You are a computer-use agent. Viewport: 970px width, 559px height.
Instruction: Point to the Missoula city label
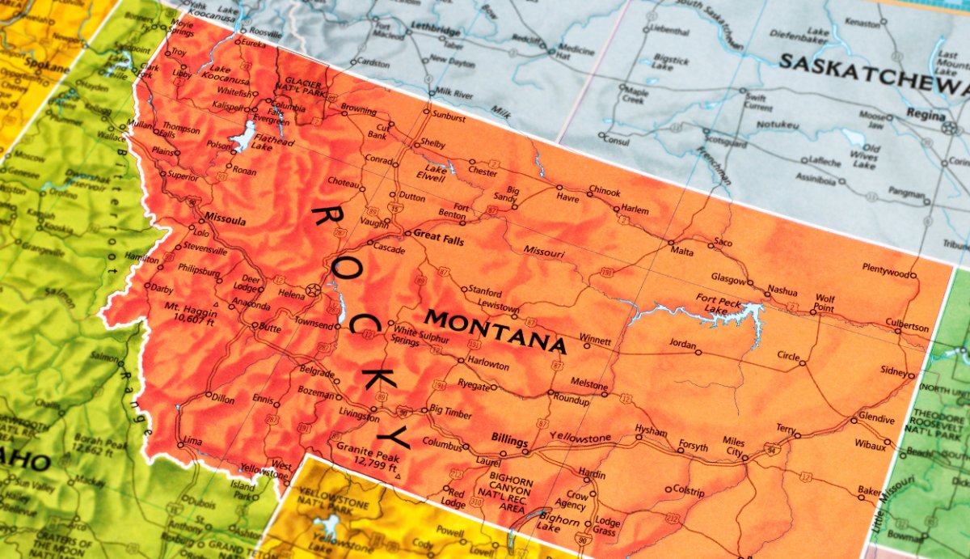point(226,218)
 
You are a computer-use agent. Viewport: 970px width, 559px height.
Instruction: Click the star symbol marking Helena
point(313,289)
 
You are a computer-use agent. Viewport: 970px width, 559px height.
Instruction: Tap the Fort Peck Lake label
point(716,303)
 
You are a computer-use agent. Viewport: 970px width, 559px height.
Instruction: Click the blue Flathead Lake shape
point(242,138)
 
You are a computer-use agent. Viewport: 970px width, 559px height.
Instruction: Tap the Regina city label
point(925,114)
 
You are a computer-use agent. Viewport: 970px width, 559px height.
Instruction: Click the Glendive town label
point(876,419)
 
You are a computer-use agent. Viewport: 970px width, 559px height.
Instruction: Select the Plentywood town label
point(885,267)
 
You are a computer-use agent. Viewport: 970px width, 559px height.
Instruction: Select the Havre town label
point(567,197)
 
